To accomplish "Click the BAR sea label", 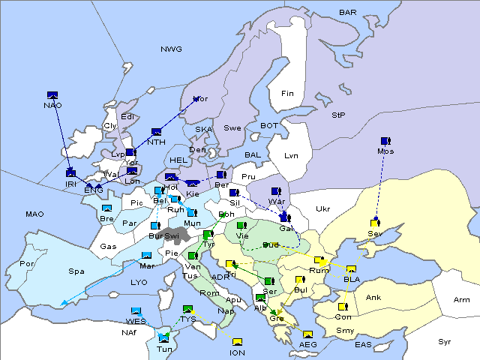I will point(348,12).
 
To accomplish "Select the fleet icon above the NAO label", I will point(52,94).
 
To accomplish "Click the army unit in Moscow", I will point(385,141).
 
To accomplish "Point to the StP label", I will point(338,115).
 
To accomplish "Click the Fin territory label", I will point(286,93).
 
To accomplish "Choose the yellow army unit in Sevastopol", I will point(375,223).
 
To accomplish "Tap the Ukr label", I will point(323,208).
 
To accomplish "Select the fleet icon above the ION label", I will point(238,342).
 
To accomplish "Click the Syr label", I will point(445,341).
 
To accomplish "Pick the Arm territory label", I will point(462,300).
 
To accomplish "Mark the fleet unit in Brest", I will point(106,208).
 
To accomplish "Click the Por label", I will point(27,264).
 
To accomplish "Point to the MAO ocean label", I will point(34,214).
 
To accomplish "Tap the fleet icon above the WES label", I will point(136,311).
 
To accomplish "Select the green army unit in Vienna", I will point(241,225).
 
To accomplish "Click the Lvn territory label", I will point(292,156).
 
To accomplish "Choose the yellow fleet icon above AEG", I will point(307,334).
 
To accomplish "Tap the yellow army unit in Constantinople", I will point(343,307).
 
